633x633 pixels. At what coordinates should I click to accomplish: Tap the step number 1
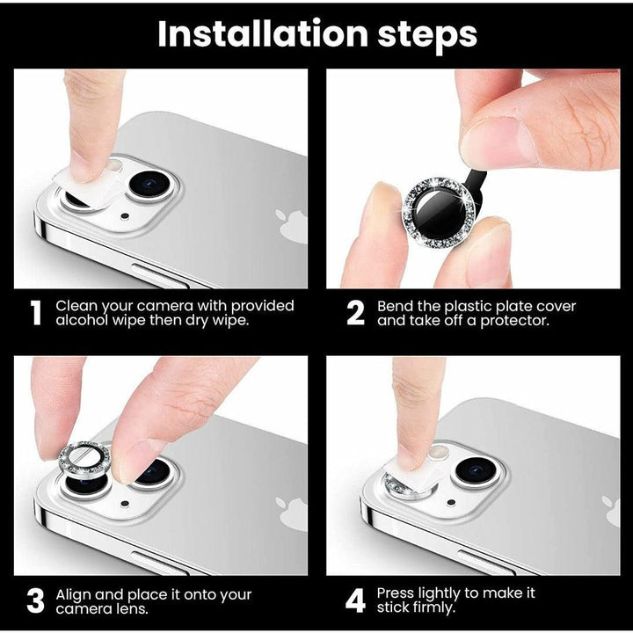pyautogui.click(x=36, y=314)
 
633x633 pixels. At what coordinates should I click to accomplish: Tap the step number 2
pyautogui.click(x=355, y=314)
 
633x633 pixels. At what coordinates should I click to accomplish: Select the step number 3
pyautogui.click(x=36, y=601)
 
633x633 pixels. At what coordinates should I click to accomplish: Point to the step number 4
pyautogui.click(x=355, y=601)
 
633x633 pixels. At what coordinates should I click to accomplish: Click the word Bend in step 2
pyautogui.click(x=396, y=306)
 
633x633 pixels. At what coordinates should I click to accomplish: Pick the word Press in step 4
pyautogui.click(x=398, y=593)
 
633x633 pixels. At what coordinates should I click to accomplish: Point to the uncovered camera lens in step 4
pyautogui.click(x=473, y=467)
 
